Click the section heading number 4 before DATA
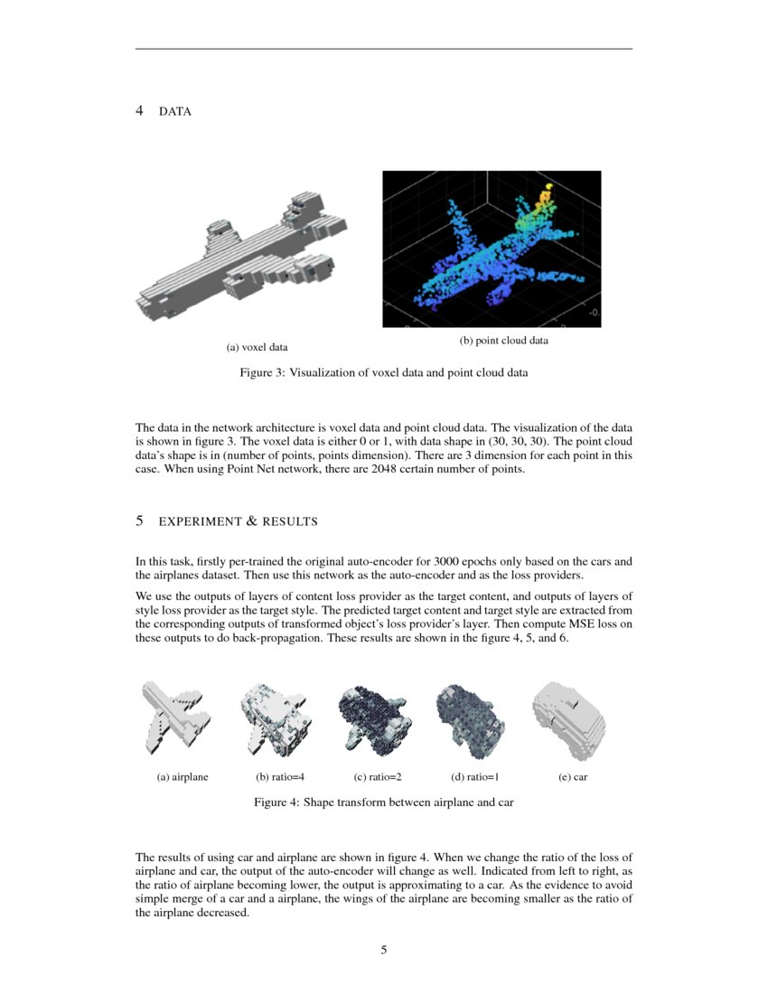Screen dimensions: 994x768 pos(139,111)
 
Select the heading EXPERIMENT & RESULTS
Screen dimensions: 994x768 pos(238,521)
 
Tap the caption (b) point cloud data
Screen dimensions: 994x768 pos(503,341)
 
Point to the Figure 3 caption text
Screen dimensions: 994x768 pos(383,371)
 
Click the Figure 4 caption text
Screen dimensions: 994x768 pos(383,802)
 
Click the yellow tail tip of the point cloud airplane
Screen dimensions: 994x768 pos(547,193)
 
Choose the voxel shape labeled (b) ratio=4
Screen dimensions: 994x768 pos(275,719)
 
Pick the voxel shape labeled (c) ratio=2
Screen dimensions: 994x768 pos(372,719)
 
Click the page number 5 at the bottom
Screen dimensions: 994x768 pos(384,950)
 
